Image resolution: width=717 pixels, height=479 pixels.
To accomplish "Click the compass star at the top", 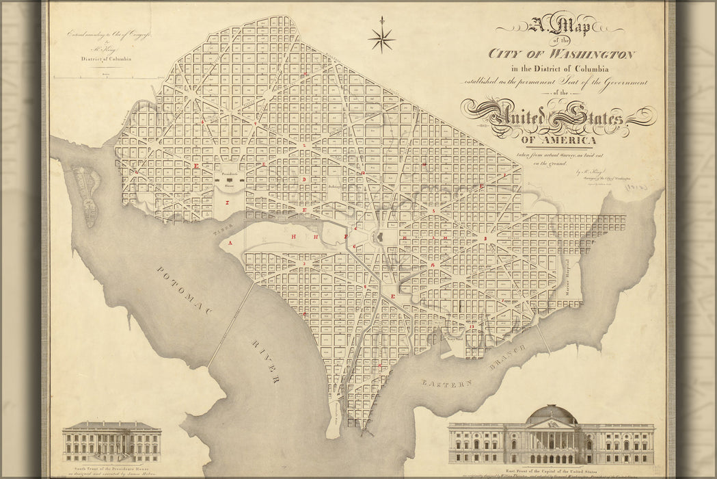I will coord(381,39).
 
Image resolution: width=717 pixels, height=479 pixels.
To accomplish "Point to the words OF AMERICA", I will coord(558,140).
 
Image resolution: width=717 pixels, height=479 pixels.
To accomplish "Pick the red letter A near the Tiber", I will coord(231,243).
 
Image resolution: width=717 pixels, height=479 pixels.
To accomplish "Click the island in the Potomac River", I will coord(87,194).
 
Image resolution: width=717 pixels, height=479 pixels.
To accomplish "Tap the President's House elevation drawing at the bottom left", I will coord(111,441).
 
